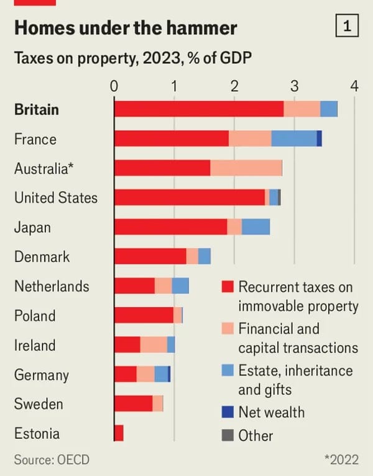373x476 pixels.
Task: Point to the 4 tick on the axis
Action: (x=354, y=86)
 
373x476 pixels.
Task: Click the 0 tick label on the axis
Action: (x=114, y=86)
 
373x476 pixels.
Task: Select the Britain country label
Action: (x=37, y=109)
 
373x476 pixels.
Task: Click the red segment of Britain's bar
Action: (x=199, y=109)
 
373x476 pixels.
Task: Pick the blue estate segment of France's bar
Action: (x=294, y=138)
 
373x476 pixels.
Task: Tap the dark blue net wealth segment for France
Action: (x=319, y=138)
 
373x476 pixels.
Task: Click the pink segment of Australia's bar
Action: (x=246, y=168)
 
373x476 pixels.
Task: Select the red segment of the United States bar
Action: (x=190, y=197)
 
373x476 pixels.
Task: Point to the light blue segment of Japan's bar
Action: (x=256, y=227)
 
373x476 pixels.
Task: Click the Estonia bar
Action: (x=119, y=433)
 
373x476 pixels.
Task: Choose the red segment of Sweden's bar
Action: (x=134, y=403)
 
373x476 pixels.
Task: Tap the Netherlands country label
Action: (x=52, y=286)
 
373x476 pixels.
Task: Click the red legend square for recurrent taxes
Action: (x=228, y=287)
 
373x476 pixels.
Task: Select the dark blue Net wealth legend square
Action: (x=228, y=411)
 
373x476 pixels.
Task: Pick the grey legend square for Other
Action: (x=228, y=436)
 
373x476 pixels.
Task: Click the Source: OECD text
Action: (x=52, y=460)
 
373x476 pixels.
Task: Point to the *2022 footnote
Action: (x=341, y=460)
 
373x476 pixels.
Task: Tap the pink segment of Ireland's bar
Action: (x=154, y=345)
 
